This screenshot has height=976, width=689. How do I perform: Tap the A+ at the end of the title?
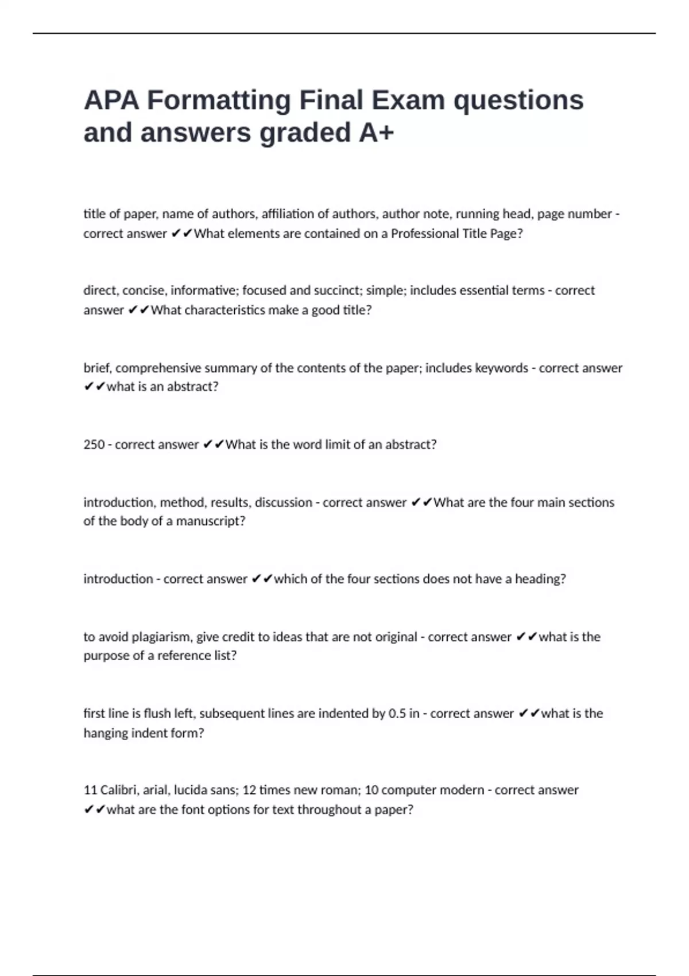click(377, 133)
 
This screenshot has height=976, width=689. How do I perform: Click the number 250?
click(94, 444)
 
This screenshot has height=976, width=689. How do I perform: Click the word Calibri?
click(118, 790)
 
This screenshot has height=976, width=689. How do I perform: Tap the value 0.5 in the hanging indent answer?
click(397, 714)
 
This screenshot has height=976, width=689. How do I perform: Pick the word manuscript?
click(210, 521)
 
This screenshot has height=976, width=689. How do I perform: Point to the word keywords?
click(501, 368)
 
